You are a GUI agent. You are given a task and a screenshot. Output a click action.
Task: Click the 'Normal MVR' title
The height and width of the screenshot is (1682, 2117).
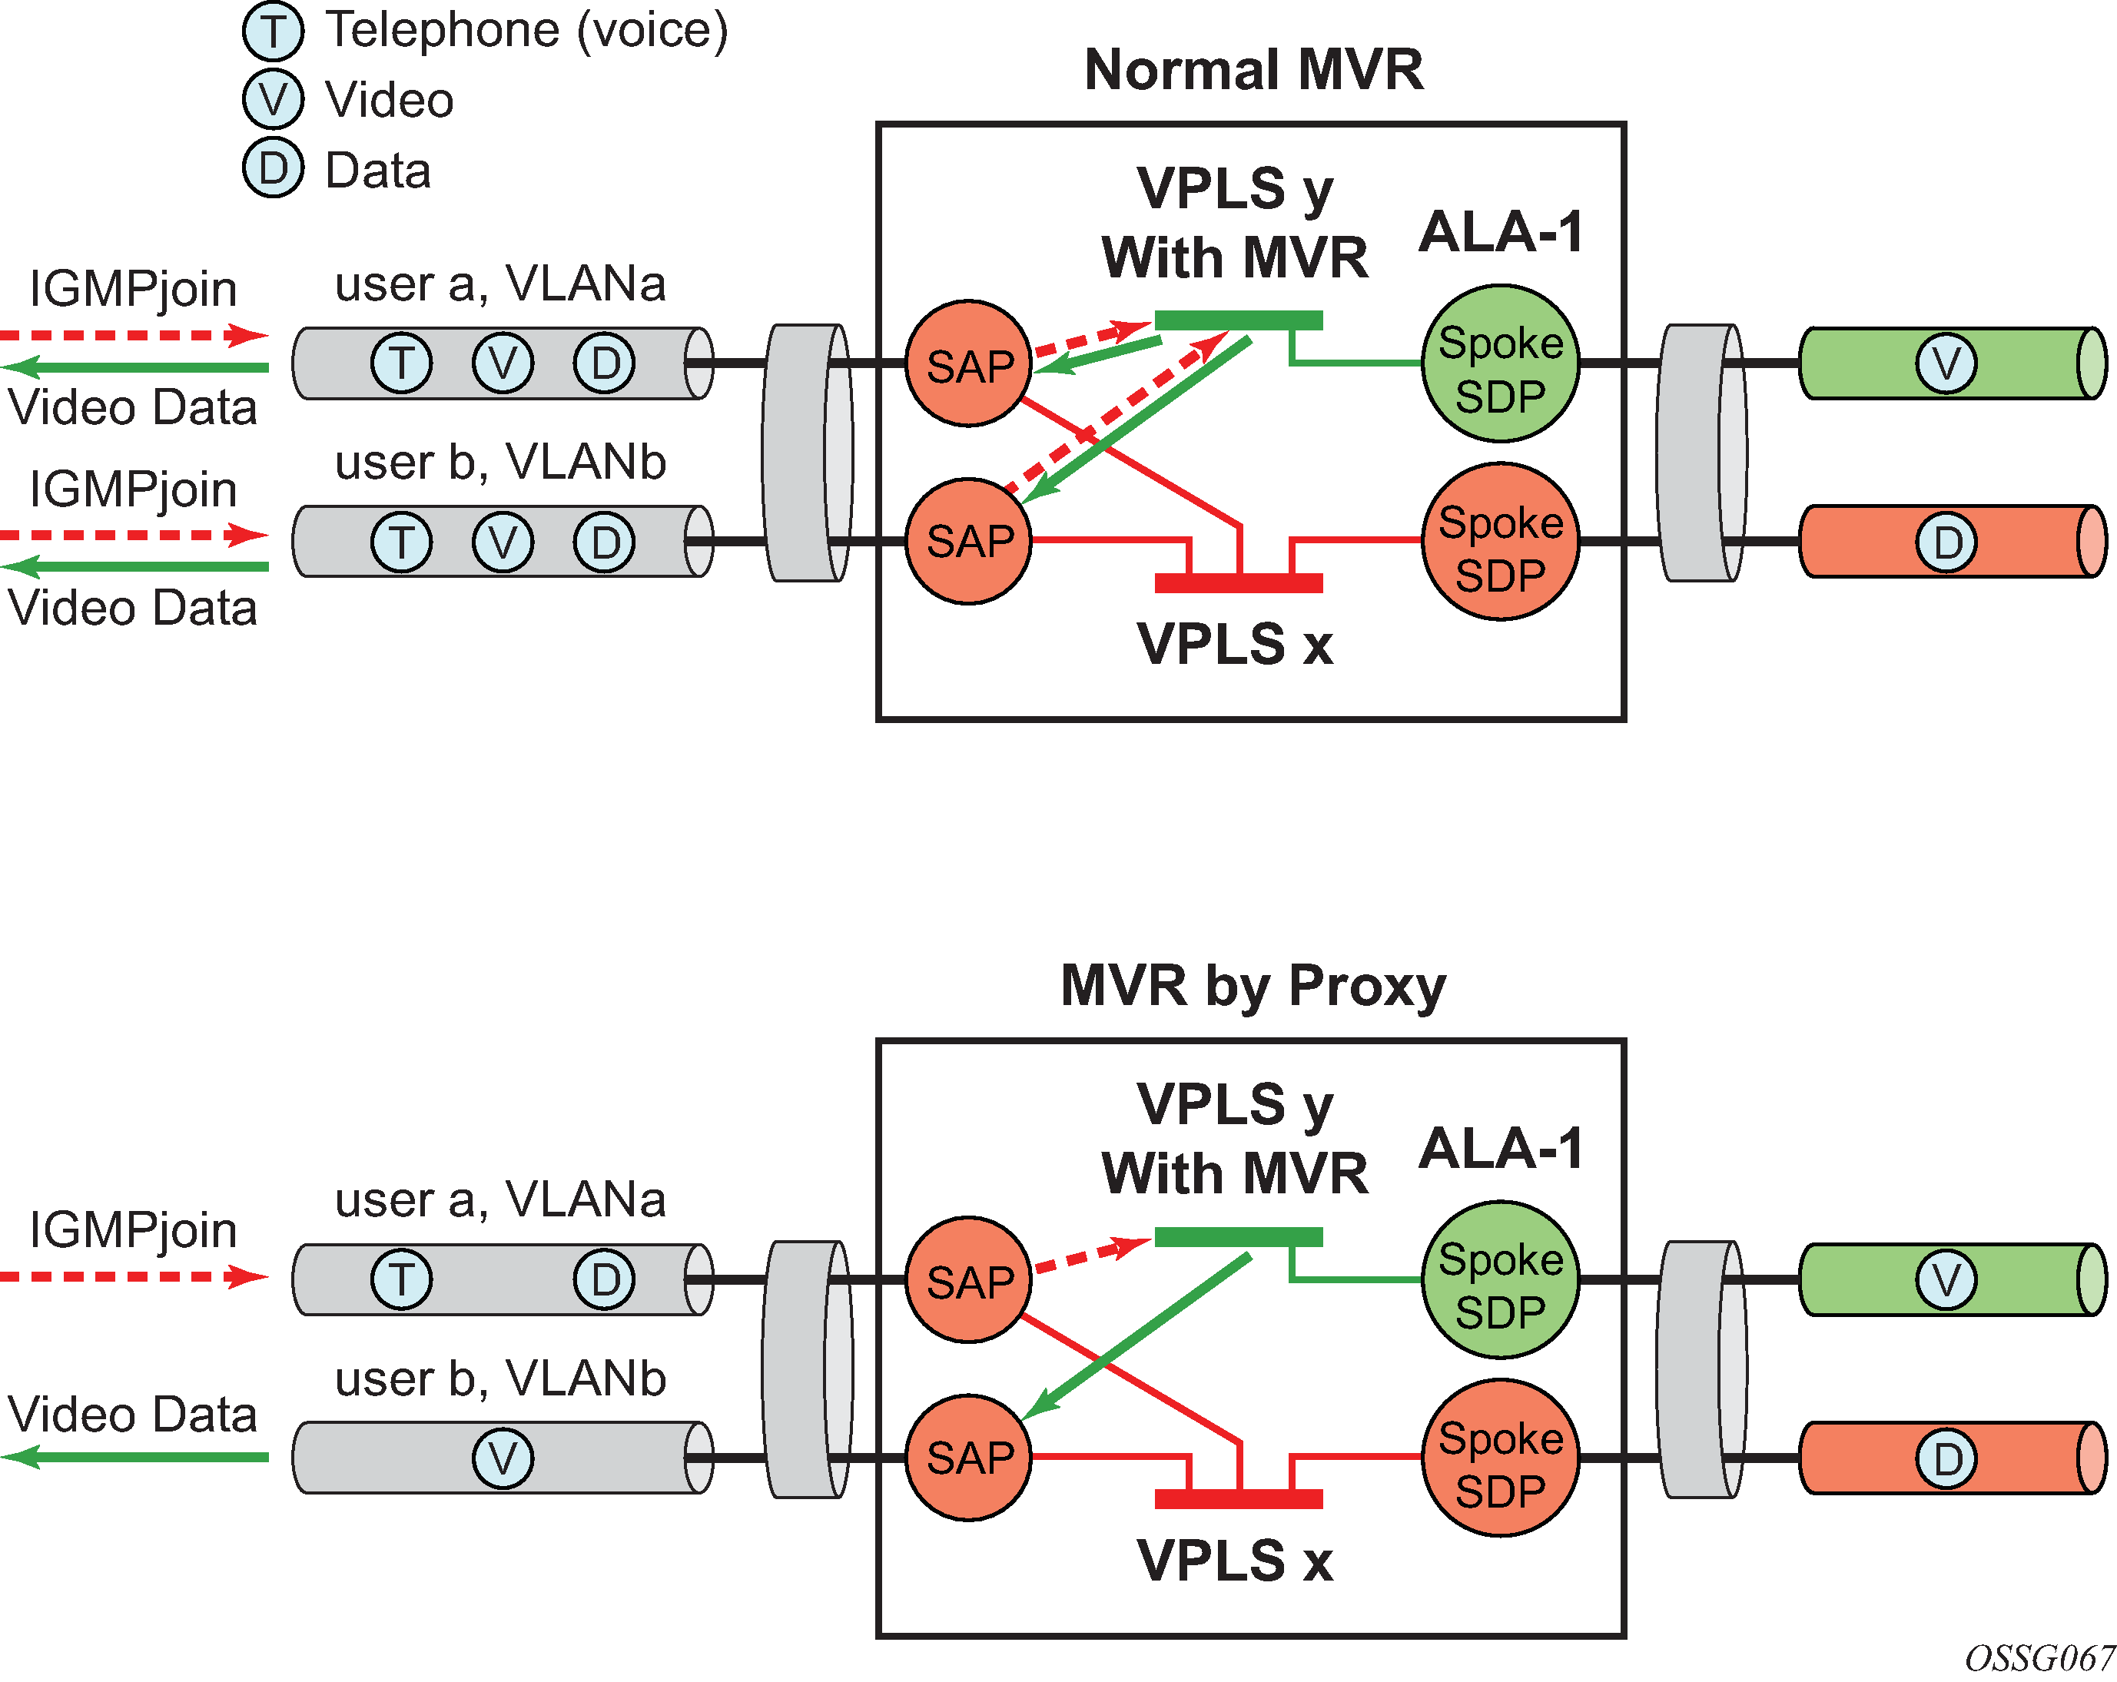pyautogui.click(x=1253, y=70)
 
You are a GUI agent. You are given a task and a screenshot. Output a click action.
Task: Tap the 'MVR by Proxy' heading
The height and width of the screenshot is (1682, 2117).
pyautogui.click(x=1253, y=985)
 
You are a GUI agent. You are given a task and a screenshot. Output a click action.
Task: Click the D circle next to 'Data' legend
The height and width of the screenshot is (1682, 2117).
pyautogui.click(x=273, y=169)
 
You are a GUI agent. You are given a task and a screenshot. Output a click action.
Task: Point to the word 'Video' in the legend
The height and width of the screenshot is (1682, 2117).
pyautogui.click(x=389, y=100)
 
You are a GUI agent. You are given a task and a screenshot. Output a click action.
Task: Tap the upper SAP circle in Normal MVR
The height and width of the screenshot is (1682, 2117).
pyautogui.click(x=968, y=363)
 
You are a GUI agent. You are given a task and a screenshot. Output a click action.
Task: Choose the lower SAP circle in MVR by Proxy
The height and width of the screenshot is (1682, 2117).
pyautogui.click(x=968, y=1457)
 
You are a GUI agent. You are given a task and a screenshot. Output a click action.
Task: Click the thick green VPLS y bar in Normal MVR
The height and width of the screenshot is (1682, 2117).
pyautogui.click(x=1237, y=320)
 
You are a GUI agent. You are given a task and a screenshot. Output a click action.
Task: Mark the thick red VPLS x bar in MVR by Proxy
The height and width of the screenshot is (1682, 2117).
pyautogui.click(x=1237, y=1498)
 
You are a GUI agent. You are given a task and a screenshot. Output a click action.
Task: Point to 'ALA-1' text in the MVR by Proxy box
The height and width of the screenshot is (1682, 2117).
pyautogui.click(x=1501, y=1148)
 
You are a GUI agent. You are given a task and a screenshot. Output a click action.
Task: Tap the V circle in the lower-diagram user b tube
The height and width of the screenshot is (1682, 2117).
pyautogui.click(x=502, y=1458)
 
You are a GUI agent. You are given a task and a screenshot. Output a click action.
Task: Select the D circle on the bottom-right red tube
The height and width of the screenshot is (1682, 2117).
pyautogui.click(x=1946, y=1458)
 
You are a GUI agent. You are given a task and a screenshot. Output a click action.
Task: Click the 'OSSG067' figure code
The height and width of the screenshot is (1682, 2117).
pyautogui.click(x=2039, y=1658)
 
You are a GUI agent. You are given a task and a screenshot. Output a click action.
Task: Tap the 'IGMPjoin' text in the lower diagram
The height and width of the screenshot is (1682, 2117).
pyautogui.click(x=133, y=1229)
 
